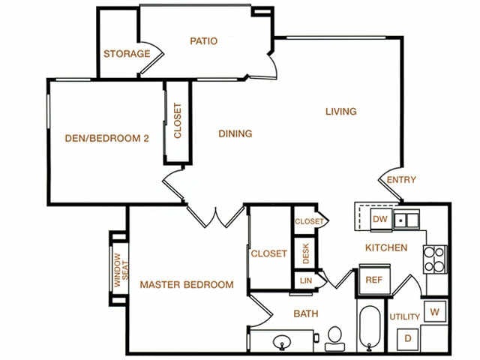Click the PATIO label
pos(203,41)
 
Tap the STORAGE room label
pos(127,54)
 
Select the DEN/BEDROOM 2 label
pos(106,138)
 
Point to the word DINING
pos(235,133)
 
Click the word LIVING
pos(341,112)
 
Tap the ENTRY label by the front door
pos(401,180)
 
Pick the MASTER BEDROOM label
pos(187,285)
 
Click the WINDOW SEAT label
pos(121,270)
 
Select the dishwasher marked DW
pos(381,219)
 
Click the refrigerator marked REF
pos(374,280)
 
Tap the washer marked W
pos(435,312)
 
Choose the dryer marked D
pos(408,339)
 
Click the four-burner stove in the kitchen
pos(435,259)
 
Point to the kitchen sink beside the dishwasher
pos(406,220)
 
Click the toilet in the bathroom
pos(335,339)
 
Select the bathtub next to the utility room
pos(370,328)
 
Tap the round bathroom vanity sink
pos(282,342)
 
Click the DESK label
pos(306,253)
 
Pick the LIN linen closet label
pos(306,280)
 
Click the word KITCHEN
pos(386,247)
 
